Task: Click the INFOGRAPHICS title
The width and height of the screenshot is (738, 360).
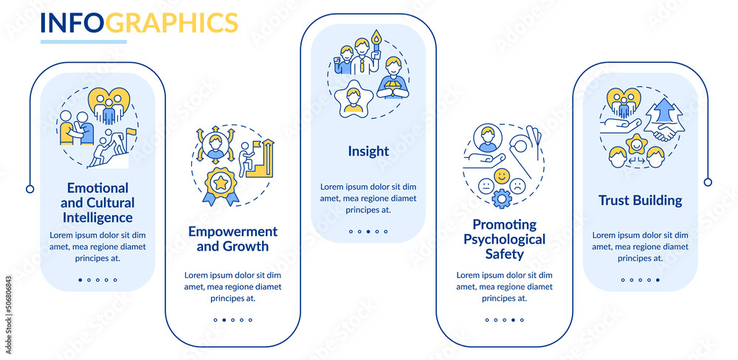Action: point(139,23)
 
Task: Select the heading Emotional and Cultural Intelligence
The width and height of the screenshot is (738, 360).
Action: point(98,203)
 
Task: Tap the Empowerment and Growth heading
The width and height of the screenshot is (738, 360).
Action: point(232,239)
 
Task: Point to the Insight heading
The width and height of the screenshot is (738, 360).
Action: point(368,151)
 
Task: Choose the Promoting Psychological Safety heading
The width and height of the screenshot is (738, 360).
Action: point(504,239)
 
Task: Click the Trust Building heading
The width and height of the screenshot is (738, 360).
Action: point(640,200)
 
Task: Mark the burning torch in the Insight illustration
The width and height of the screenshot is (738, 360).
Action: point(376,41)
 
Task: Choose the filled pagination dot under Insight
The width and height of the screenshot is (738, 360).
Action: point(368,232)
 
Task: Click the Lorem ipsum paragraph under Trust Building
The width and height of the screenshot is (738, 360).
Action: point(640,246)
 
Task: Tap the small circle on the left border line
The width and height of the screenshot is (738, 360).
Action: point(30,189)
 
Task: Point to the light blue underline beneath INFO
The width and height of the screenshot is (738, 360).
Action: point(83,41)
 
